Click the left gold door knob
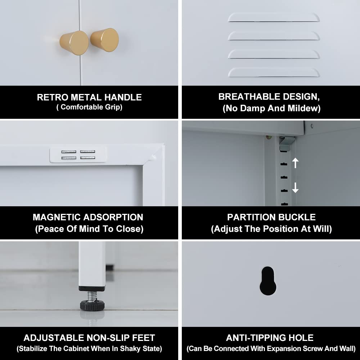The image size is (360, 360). pyautogui.click(x=74, y=43)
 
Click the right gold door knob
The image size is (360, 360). pyautogui.click(x=105, y=40)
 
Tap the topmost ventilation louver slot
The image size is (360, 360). pyautogui.click(x=274, y=18)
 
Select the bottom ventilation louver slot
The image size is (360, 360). pyautogui.click(x=274, y=73)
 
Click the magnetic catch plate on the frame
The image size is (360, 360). pyautogui.click(x=78, y=154)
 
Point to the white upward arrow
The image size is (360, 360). pyautogui.click(x=295, y=163)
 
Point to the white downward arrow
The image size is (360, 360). pyautogui.click(x=295, y=188)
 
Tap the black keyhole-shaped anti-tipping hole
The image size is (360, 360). pyautogui.click(x=268, y=281)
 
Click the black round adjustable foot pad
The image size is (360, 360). pyautogui.click(x=92, y=305)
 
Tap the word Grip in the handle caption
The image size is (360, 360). pyautogui.click(x=114, y=107)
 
